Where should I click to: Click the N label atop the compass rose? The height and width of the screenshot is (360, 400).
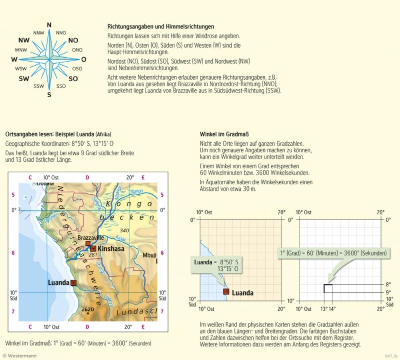pos(49,25)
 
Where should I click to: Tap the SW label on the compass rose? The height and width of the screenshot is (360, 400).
pos(24,79)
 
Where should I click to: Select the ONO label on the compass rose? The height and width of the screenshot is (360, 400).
pos(77,50)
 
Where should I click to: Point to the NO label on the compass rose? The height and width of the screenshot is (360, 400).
pos(73,40)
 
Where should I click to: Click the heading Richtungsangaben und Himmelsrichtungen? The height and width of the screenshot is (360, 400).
pos(161,27)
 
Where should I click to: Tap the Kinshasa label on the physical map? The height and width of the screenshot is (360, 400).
pos(111,249)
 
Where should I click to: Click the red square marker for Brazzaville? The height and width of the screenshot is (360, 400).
pos(88,243)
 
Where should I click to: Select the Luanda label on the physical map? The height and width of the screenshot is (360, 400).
pos(58,283)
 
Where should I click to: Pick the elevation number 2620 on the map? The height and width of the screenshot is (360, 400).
pos(88,310)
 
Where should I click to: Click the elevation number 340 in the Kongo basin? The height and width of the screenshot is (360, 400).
pos(124,230)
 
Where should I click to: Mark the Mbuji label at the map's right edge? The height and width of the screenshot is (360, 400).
pos(150,255)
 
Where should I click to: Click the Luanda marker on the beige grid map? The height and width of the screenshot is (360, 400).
pos(226,292)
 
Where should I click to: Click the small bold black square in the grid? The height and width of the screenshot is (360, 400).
pos(328,288)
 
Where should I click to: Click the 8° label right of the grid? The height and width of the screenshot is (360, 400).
pos(388,285)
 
